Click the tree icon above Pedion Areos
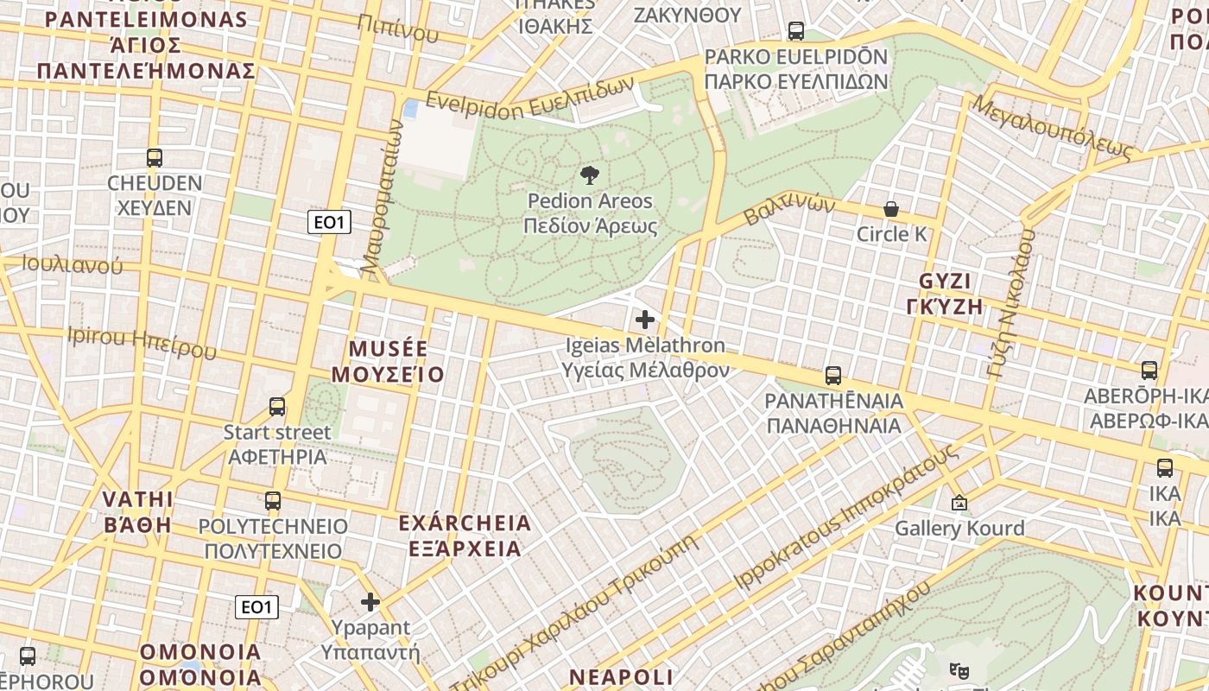590,175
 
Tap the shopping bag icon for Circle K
890,209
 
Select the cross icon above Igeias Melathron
644,320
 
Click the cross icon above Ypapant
370,602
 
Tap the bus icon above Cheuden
155,158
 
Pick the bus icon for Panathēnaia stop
833,376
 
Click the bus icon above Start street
277,407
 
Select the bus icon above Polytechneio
273,501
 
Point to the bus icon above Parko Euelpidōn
796,31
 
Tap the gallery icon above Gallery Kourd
959,503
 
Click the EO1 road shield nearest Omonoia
256,607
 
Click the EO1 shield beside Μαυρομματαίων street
329,222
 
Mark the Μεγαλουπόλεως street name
1051,127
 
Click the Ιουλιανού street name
73,265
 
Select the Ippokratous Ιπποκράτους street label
845,517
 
